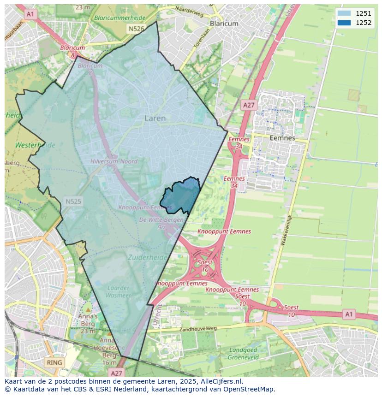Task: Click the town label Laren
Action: point(155,119)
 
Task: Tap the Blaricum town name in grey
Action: point(224,24)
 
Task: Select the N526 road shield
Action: point(137,29)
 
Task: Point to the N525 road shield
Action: point(73,201)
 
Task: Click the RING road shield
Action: point(54,362)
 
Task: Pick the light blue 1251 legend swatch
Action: point(344,13)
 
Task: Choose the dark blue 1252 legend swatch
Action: point(344,23)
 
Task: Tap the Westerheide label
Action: point(35,145)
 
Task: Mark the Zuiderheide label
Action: point(148,258)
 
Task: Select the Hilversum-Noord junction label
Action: point(114,162)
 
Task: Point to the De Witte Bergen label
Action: point(161,220)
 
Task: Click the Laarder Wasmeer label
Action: point(118,291)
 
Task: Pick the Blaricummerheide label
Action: point(119,18)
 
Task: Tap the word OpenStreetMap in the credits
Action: point(250,389)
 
